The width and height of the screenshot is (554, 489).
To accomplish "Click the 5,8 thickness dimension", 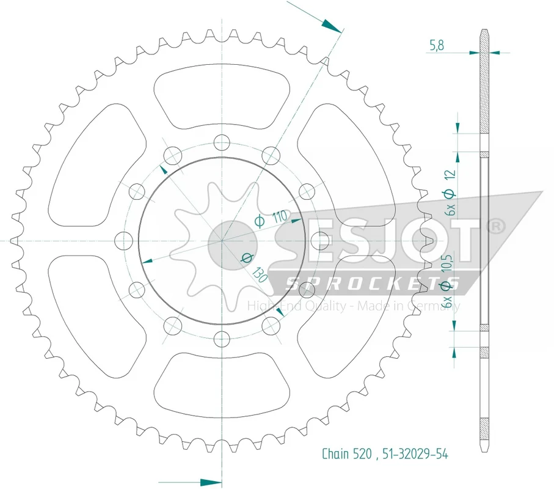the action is (437, 45).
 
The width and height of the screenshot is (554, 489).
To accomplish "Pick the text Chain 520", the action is (346, 454).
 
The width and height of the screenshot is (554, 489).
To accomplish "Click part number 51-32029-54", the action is (415, 454).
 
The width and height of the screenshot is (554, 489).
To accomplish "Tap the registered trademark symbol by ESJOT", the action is (496, 226).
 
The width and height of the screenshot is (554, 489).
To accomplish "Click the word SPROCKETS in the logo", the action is (372, 283).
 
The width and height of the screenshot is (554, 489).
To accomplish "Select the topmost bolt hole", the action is (222, 144).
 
